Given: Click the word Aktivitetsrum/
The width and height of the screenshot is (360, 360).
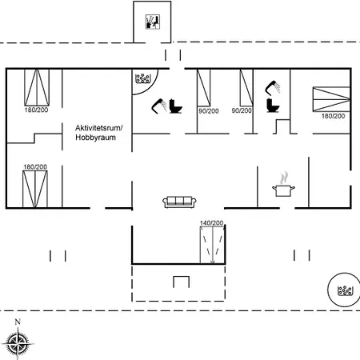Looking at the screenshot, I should tap(98, 127).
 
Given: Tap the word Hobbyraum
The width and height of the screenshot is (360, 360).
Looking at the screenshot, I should tap(94, 137).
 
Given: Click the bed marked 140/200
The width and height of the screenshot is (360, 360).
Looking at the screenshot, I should tap(212, 245).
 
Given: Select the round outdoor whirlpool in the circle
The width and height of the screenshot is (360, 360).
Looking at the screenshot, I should tap(346, 290).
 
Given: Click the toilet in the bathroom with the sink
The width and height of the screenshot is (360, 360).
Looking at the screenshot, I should tap(271, 105).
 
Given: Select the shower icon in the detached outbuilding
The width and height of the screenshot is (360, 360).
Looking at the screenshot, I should tap(151, 22).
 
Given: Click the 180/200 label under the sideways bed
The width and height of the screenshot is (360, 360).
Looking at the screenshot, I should tap(332, 117).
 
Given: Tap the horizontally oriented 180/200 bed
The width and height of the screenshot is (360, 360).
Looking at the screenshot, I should tap(327, 98).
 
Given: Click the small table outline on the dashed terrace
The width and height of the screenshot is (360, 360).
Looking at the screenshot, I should tap(181, 282).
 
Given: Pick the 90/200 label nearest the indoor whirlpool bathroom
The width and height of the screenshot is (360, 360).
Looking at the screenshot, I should tap(208, 110).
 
